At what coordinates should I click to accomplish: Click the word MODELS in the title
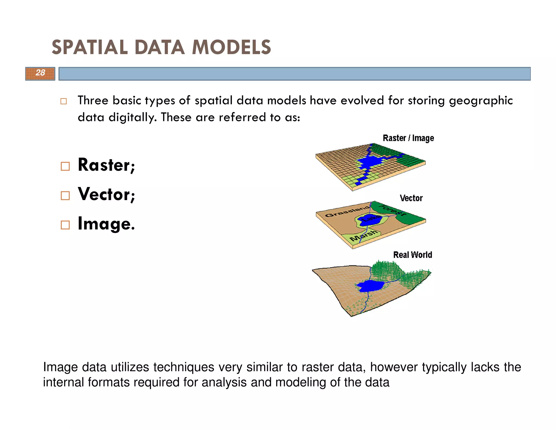[x=231, y=47]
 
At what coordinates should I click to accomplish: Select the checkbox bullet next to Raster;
[x=65, y=166]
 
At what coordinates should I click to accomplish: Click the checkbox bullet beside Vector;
[x=65, y=195]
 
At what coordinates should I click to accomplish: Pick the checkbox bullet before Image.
[x=65, y=225]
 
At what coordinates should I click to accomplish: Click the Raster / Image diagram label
[x=408, y=138]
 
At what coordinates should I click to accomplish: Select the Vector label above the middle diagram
[x=411, y=198]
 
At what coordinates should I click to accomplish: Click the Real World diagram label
[x=412, y=255]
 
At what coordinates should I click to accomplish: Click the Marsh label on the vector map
[x=364, y=236]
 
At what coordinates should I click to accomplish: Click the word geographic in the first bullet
[x=481, y=101]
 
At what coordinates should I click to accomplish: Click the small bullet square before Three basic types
[x=64, y=101]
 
